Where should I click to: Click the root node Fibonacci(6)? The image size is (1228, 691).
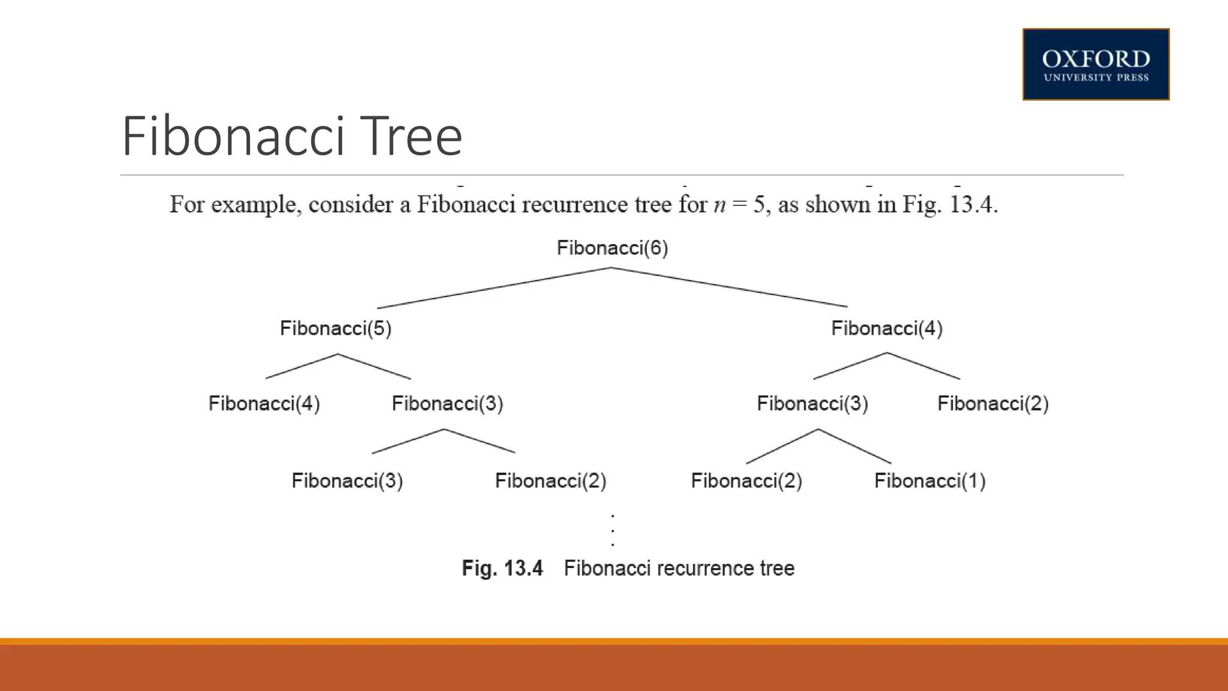pyautogui.click(x=612, y=248)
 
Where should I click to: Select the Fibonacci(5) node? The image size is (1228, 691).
pyautogui.click(x=336, y=328)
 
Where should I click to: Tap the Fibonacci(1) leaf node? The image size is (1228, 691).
pyautogui.click(x=930, y=480)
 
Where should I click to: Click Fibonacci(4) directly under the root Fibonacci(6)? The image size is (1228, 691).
pyautogui.click(x=887, y=328)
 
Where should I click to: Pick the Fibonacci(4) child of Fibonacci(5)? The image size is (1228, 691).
pyautogui.click(x=264, y=403)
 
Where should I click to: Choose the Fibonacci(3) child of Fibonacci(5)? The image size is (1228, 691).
pyautogui.click(x=447, y=403)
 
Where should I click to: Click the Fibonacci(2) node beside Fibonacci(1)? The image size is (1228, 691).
pyautogui.click(x=747, y=480)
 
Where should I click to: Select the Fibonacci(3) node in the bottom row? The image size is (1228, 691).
pyautogui.click(x=347, y=480)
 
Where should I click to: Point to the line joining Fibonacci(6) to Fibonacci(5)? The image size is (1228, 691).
pyautogui.click(x=495, y=288)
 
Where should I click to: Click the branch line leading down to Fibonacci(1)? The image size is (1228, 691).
pyautogui.click(x=855, y=446)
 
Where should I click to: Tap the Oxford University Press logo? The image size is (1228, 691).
pyautogui.click(x=1095, y=64)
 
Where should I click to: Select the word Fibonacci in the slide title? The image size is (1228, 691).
pyautogui.click(x=234, y=137)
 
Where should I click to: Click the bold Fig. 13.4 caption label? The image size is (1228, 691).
pyautogui.click(x=502, y=568)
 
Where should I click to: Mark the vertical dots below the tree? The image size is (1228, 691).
pyautogui.click(x=612, y=530)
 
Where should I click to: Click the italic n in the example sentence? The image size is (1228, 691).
pyautogui.click(x=720, y=205)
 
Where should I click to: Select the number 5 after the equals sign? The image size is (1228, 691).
pyautogui.click(x=759, y=205)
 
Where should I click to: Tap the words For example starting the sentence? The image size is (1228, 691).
pyautogui.click(x=234, y=205)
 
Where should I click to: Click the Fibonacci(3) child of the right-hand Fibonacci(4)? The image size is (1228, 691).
pyautogui.click(x=812, y=403)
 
